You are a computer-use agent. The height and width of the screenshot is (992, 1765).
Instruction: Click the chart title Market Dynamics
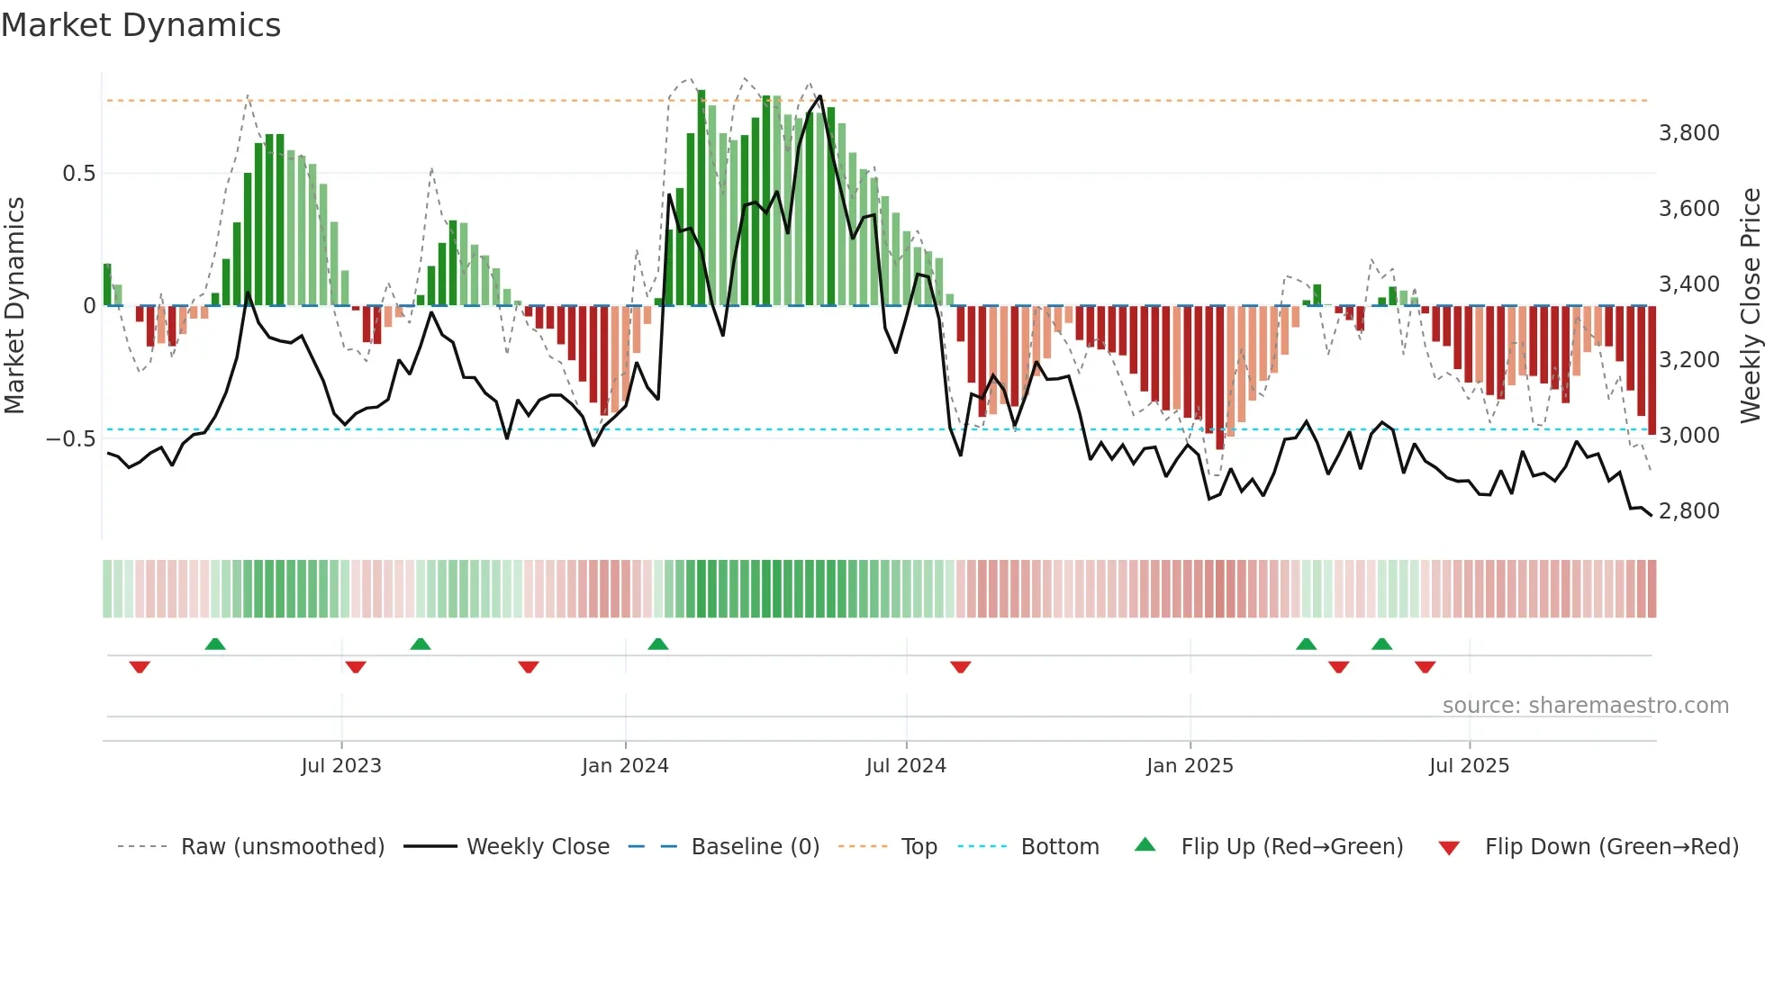click(140, 25)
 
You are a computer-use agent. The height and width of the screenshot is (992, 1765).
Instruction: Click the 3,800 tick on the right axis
click(1688, 133)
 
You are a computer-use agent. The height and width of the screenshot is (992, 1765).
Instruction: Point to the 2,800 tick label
click(1688, 511)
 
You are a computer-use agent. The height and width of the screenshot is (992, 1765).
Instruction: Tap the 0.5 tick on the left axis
click(78, 174)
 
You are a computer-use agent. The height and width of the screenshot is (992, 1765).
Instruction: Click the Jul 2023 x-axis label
click(341, 766)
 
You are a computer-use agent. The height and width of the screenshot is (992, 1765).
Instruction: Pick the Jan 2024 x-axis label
click(625, 766)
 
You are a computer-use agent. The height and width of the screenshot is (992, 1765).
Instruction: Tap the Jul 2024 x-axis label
click(906, 766)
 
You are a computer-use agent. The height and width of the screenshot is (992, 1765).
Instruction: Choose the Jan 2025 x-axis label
click(1190, 766)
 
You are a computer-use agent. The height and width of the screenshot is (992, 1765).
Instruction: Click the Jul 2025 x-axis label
click(1469, 766)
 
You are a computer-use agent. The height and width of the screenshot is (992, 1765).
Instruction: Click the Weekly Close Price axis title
click(1750, 305)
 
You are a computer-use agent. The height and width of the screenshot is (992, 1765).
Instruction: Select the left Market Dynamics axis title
click(14, 305)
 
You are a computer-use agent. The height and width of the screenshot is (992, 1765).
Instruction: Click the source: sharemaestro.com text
click(1585, 706)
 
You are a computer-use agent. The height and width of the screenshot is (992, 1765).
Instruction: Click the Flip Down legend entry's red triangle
click(1449, 848)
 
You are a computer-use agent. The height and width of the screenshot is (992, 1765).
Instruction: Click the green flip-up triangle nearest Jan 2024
click(658, 644)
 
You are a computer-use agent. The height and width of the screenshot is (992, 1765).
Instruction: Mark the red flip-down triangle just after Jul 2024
click(961, 667)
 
